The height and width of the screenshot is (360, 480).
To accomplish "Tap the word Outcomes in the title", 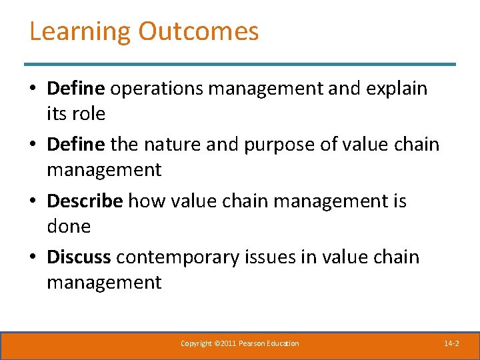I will point(199,31).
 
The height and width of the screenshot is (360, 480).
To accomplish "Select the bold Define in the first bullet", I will point(76,88).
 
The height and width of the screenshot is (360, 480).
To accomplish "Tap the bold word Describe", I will point(85,201).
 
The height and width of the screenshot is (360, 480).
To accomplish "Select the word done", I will point(68,227).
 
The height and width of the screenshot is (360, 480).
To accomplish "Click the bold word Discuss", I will point(80,257).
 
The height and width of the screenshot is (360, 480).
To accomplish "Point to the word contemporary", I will point(181,257).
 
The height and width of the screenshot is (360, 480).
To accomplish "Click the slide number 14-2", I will point(451,343).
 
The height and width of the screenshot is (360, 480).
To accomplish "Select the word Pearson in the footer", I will point(255,343).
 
